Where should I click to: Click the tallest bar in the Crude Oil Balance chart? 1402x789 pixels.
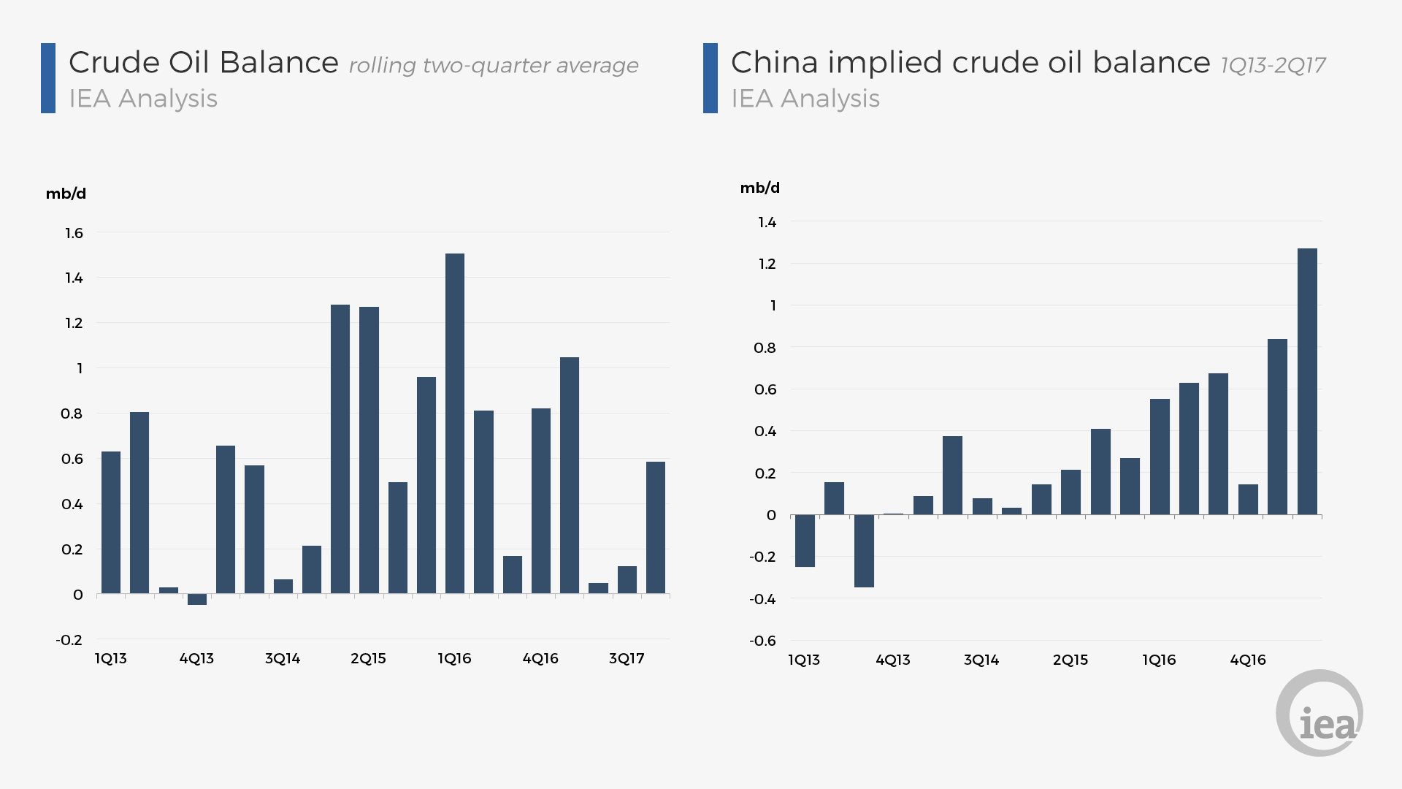tap(454, 423)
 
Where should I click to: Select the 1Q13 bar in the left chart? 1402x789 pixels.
tap(111, 522)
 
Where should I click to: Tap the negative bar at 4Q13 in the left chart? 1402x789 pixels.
tap(197, 599)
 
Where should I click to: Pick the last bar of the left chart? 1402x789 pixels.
tap(655, 527)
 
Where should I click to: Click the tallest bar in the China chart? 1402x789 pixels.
tap(1307, 381)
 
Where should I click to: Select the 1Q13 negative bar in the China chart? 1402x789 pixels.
tap(805, 541)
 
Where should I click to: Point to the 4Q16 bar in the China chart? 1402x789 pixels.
tap(1248, 499)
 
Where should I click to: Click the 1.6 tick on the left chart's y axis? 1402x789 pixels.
tap(74, 233)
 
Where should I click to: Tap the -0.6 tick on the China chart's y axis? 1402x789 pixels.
tap(762, 641)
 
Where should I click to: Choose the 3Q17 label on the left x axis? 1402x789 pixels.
tap(627, 658)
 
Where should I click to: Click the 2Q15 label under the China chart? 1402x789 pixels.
tap(1070, 660)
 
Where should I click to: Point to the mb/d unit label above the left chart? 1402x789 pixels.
tap(66, 194)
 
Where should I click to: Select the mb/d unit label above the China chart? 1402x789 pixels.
tap(759, 188)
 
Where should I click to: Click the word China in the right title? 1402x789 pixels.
tap(774, 63)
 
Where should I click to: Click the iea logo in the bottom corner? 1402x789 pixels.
tap(1319, 713)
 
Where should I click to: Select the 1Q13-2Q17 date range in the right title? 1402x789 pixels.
tap(1273, 66)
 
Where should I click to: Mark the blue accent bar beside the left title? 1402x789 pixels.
tap(48, 78)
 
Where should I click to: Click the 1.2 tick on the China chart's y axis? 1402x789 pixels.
tap(767, 264)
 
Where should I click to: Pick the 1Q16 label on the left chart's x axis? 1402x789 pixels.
tap(454, 658)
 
